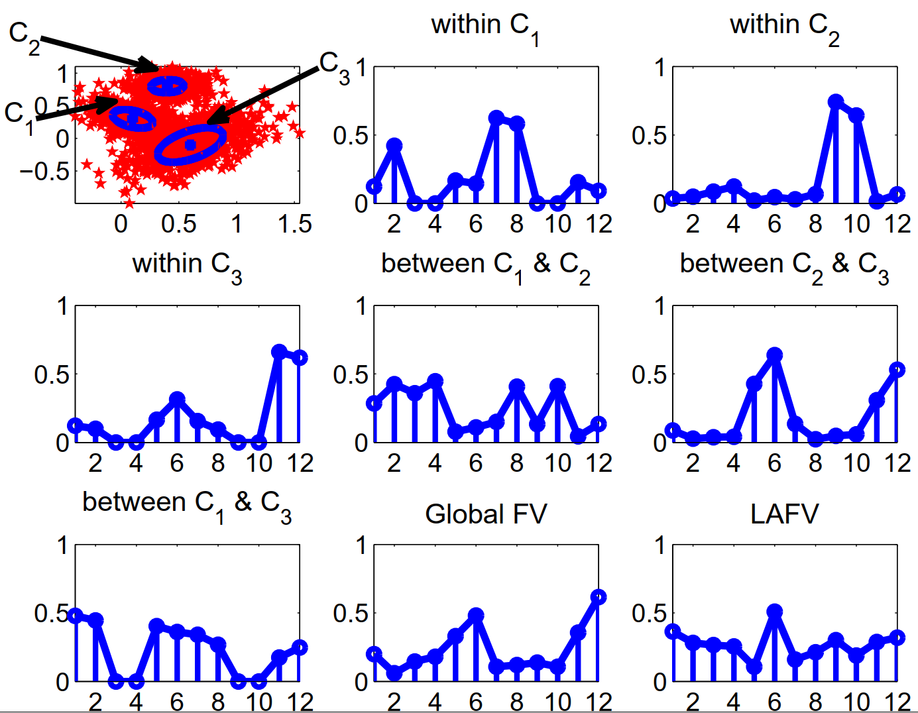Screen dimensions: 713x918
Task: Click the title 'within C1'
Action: [485, 27]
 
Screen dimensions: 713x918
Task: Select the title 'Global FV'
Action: [486, 514]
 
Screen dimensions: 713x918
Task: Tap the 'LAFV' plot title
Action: [784, 514]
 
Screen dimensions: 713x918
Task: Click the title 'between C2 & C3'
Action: [784, 265]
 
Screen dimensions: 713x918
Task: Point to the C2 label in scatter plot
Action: [24, 34]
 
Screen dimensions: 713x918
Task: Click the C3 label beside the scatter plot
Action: [333, 66]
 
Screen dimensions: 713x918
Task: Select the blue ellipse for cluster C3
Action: [190, 144]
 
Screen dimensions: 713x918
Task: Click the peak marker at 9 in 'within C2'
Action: [835, 102]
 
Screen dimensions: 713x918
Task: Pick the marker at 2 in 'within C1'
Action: [394, 145]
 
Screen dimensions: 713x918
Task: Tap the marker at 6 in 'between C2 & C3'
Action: [774, 355]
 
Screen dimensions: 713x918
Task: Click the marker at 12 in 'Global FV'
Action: [598, 597]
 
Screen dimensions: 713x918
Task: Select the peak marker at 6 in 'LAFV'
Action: [774, 611]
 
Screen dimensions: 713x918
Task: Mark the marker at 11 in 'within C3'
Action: [279, 352]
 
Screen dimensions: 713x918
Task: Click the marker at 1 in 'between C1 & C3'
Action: [76, 616]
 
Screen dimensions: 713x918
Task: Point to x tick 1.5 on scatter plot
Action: [295, 224]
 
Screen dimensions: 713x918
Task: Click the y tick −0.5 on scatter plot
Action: [44, 172]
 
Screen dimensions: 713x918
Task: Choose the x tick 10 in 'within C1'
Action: [557, 224]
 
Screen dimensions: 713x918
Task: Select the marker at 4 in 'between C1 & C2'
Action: [435, 381]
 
